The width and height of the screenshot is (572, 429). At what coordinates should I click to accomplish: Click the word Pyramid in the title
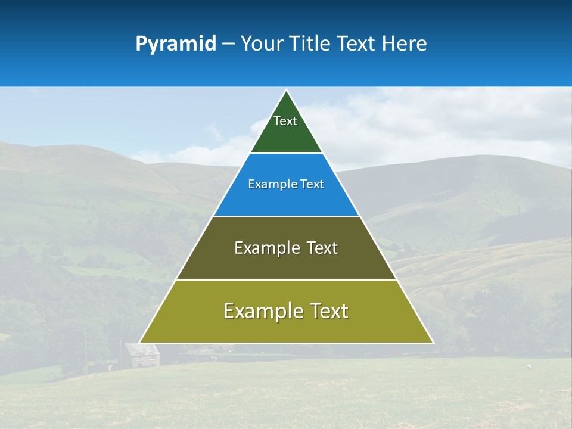[175, 44]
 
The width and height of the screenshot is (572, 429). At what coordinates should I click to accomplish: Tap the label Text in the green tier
[285, 121]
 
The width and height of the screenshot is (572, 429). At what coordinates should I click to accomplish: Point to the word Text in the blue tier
[312, 185]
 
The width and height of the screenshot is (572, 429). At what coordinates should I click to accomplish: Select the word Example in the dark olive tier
[266, 248]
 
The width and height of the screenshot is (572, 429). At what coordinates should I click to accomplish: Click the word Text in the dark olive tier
[321, 248]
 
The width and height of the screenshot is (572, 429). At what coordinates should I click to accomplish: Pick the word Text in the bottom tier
[329, 311]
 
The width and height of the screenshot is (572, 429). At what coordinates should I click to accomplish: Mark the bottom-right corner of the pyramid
[433, 343]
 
